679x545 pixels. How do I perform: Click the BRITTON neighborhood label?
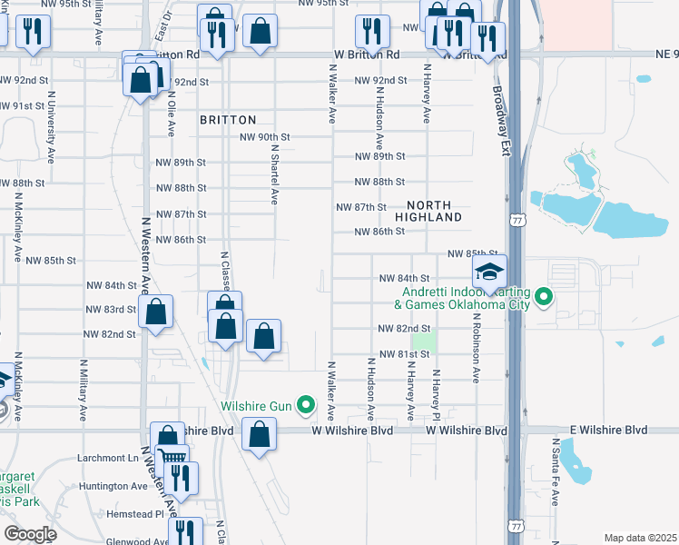[229, 120]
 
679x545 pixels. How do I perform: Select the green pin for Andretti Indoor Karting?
[544, 296]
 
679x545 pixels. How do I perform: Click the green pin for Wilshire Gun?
[307, 405]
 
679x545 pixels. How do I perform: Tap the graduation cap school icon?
[489, 272]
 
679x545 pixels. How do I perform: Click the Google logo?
[30, 534]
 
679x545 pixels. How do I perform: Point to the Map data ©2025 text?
[640, 538]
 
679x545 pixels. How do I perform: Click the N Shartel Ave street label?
[271, 177]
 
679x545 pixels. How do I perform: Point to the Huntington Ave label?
[113, 486]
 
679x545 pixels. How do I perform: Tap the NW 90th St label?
[264, 137]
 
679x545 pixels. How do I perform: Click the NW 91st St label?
[23, 106]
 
